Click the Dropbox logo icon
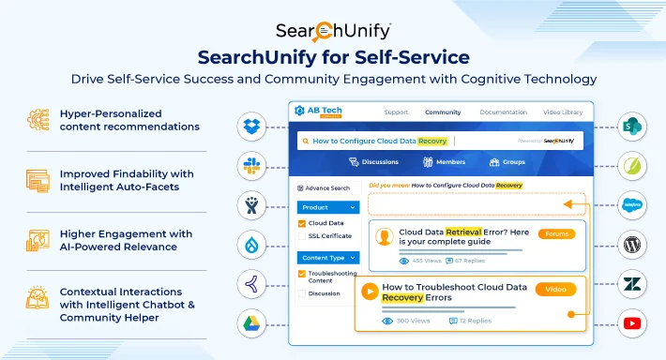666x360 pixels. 250,126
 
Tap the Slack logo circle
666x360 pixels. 250,163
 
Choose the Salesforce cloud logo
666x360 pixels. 633,204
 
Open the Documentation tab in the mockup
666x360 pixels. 503,112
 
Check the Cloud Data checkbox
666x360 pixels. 301,223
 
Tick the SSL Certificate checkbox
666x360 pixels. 301,236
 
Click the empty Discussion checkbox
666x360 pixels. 301,293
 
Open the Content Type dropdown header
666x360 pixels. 327,257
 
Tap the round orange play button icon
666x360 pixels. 371,292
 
